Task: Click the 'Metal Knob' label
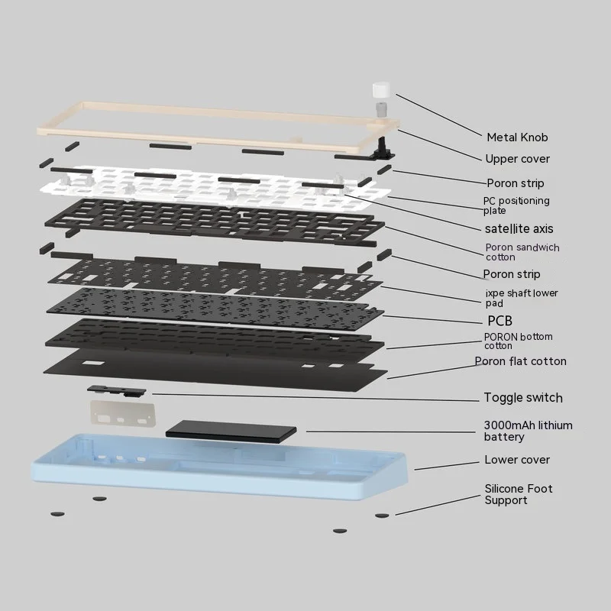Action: [517, 137]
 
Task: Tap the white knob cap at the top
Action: [381, 90]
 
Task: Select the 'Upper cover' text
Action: [518, 159]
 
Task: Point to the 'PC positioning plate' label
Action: [516, 205]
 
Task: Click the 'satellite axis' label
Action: [519, 228]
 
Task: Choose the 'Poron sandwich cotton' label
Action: [522, 252]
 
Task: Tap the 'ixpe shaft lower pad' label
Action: [522, 298]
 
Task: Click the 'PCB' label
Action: [499, 321]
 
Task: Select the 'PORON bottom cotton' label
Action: [518, 341]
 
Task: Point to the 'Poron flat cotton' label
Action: [520, 361]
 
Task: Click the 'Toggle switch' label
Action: [523, 397]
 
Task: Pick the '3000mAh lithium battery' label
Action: [528, 431]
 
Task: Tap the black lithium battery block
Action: [231, 432]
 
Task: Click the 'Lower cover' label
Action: [517, 460]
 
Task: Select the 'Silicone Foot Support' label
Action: [519, 494]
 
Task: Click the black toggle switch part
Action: [117, 391]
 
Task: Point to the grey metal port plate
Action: [123, 413]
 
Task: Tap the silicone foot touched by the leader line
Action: [382, 516]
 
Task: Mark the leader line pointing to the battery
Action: [390, 432]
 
